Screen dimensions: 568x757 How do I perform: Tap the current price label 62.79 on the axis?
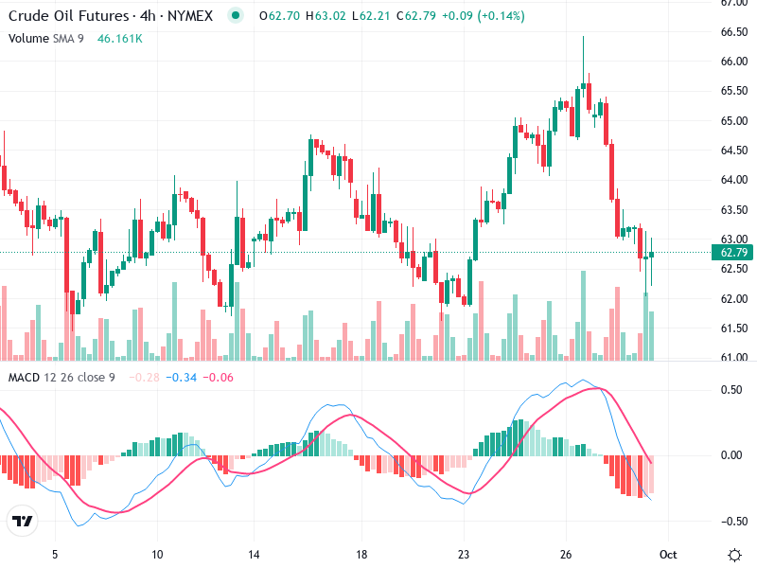(x=734, y=253)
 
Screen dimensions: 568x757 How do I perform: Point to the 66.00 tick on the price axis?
(x=732, y=62)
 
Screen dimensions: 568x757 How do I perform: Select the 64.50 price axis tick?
(x=732, y=151)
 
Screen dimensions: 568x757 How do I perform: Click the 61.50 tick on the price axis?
(x=732, y=328)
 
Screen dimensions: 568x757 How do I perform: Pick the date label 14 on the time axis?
(x=254, y=555)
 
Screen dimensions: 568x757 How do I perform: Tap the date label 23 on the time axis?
(x=464, y=555)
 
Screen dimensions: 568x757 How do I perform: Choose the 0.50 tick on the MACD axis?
(x=731, y=390)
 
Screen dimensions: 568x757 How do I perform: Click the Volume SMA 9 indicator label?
(x=48, y=39)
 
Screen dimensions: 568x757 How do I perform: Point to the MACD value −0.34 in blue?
(x=181, y=378)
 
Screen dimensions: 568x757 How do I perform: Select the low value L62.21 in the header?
(x=355, y=15)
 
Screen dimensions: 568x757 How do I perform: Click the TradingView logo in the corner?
(x=23, y=521)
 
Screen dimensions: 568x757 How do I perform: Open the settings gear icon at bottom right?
(x=734, y=555)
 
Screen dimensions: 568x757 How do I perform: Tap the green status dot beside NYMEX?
(x=236, y=15)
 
